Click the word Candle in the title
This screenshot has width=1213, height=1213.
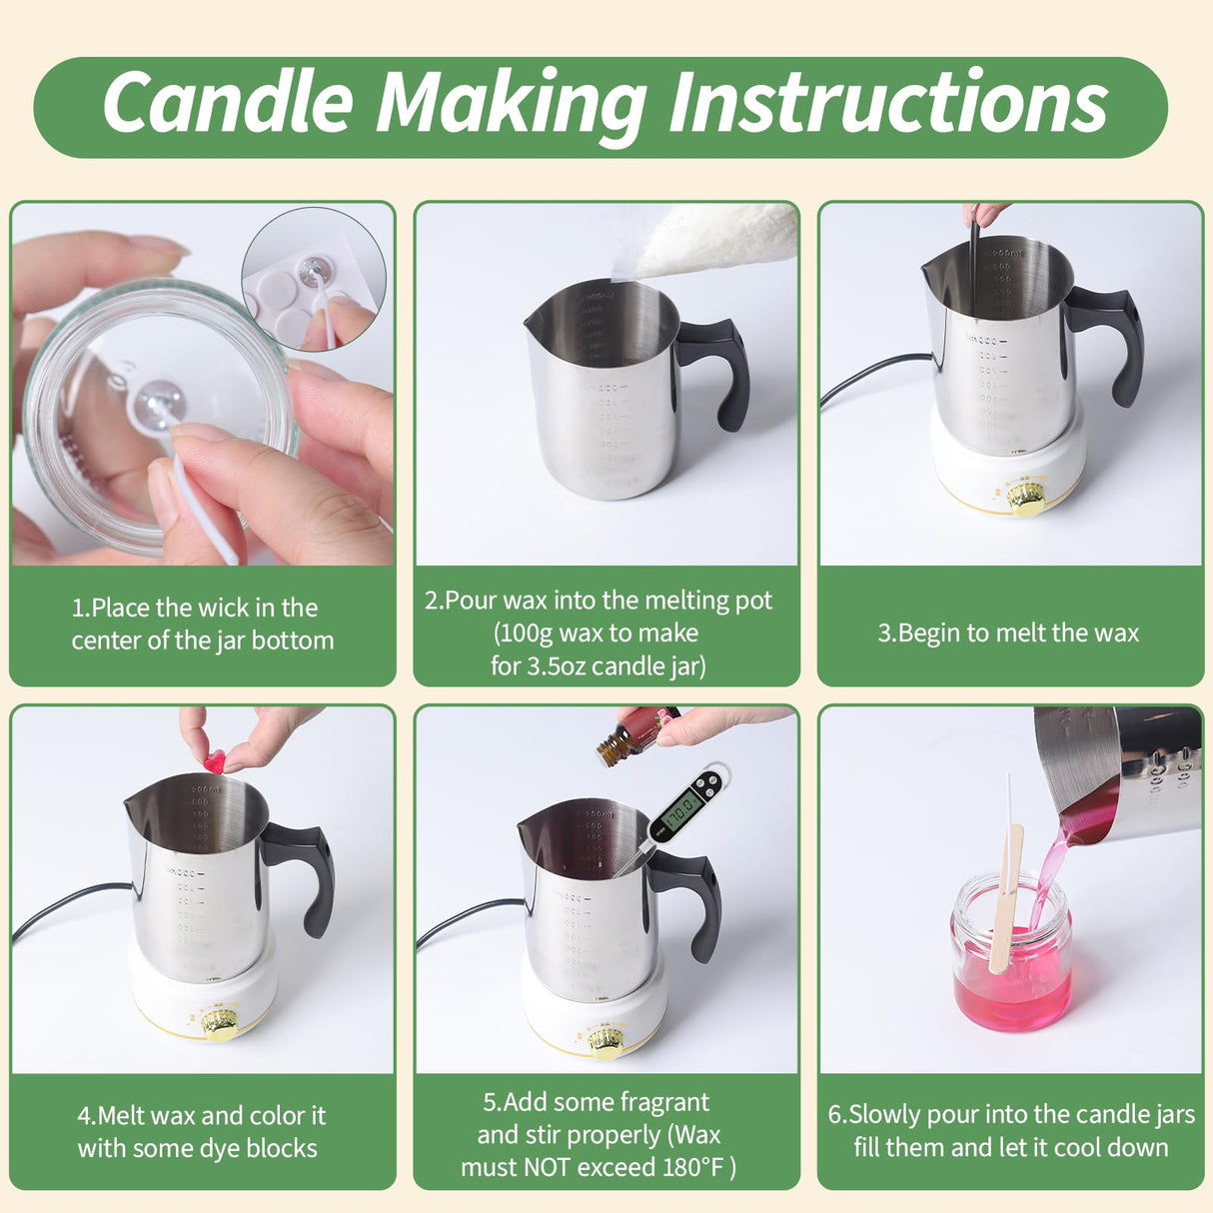click(x=228, y=102)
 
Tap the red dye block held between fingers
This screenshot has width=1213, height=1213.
click(x=215, y=763)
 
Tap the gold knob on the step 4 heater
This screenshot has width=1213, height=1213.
click(x=219, y=1023)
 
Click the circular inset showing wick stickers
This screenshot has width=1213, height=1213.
click(x=313, y=280)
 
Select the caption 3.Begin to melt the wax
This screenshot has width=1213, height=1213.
click(x=1008, y=633)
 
